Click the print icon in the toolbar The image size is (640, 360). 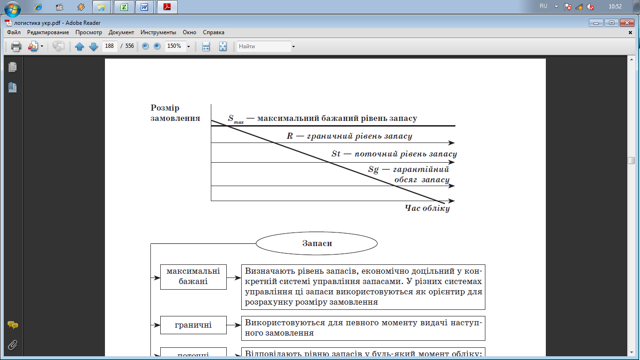(x=16, y=46)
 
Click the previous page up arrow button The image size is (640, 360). (x=79, y=46)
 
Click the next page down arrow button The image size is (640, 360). (x=93, y=46)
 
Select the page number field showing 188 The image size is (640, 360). (x=110, y=46)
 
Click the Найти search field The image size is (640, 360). (x=264, y=46)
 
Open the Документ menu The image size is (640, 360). (x=121, y=32)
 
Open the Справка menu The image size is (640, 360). (x=214, y=32)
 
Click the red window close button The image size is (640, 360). (x=626, y=22)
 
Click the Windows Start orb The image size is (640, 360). (x=12, y=8)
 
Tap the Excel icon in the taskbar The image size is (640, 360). (x=125, y=7)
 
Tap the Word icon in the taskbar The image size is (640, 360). (x=144, y=7)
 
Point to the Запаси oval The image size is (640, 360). (x=317, y=243)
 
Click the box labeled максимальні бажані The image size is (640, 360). (x=193, y=277)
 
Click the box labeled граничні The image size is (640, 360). (x=193, y=325)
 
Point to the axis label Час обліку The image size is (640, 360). (x=427, y=208)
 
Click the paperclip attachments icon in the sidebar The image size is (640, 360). (x=13, y=345)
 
